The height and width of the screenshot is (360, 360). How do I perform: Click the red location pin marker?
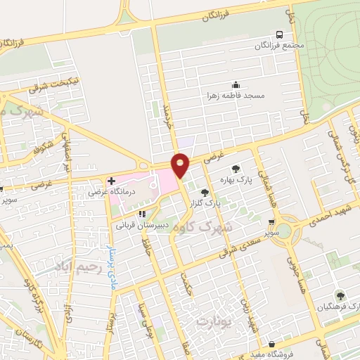pos(181,165)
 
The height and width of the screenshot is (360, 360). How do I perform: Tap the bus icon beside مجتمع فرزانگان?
pos(280,34)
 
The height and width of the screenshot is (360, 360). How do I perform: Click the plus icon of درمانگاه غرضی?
pos(111,181)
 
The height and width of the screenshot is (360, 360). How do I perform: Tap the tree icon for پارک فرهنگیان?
pos(340,297)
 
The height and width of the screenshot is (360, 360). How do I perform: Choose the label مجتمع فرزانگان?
pos(280,46)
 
